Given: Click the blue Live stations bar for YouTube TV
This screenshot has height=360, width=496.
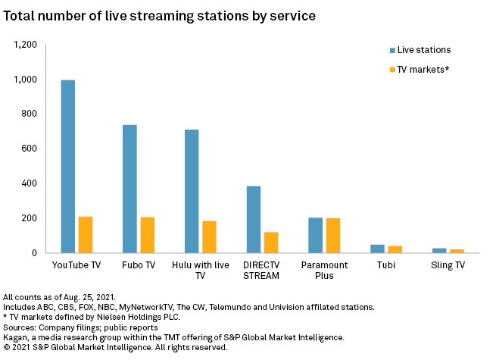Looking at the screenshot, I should coord(68,166).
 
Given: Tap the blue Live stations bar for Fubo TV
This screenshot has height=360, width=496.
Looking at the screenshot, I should coord(129,189).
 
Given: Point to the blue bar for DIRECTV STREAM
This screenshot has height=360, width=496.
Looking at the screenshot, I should coord(253,219).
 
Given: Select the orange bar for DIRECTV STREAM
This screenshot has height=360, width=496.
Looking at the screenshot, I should coord(270,243).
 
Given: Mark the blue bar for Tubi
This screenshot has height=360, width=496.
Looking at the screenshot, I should coord(377,249).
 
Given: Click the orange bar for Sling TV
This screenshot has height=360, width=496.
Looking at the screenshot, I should coord(456,251).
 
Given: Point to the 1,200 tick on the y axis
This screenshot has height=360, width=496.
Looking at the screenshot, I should coord(23,45).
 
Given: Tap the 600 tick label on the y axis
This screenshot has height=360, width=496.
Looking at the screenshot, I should coord(29,149).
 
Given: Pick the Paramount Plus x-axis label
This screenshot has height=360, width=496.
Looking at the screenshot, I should coord(324,271).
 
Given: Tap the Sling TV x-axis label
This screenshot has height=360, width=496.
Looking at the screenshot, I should coord(448,265).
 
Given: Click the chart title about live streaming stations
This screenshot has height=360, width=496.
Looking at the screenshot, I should coord(161,14).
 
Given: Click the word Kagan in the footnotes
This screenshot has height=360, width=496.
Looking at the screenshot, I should coord(16,337).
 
